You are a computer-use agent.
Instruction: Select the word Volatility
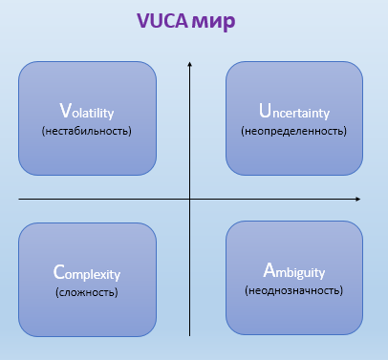click(x=87, y=111)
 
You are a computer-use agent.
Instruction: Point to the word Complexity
click(x=87, y=271)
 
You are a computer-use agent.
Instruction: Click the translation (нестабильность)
click(x=87, y=130)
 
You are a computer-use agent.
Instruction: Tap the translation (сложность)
click(x=87, y=290)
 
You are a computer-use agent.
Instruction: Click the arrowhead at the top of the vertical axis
click(x=191, y=63)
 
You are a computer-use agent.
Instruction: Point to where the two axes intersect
click(x=191, y=200)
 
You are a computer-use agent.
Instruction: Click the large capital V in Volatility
click(x=64, y=110)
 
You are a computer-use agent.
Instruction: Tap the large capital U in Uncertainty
click(x=266, y=110)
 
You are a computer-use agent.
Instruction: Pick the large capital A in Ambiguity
click(x=269, y=271)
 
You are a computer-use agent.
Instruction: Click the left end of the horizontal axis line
click(x=19, y=200)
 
